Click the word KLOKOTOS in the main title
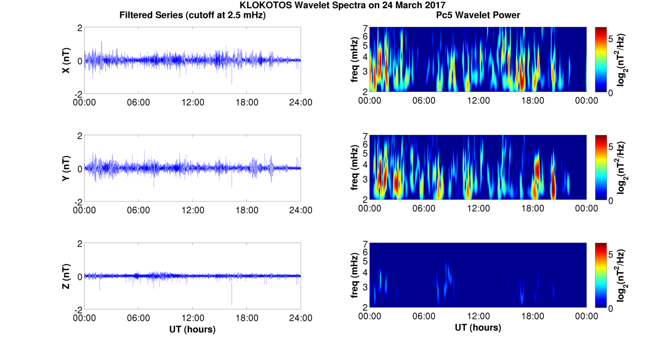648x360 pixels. pyautogui.click(x=266, y=5)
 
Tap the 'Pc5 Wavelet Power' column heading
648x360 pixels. pyautogui.click(x=478, y=15)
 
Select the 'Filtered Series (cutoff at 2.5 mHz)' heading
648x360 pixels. pyautogui.click(x=192, y=15)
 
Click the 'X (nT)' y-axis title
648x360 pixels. pyautogui.click(x=66, y=60)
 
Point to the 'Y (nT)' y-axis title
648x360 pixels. pyautogui.click(x=66, y=168)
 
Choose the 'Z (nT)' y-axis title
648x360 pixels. pyautogui.click(x=66, y=276)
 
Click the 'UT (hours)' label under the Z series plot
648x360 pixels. pyautogui.click(x=192, y=329)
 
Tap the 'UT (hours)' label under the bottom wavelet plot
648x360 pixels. pyautogui.click(x=478, y=328)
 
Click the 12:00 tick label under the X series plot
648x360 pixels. pyautogui.click(x=193, y=102)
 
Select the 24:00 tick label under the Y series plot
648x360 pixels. pyautogui.click(x=301, y=210)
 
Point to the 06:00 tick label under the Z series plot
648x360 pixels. pyautogui.click(x=138, y=318)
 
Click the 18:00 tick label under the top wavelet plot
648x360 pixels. pyautogui.click(x=532, y=101)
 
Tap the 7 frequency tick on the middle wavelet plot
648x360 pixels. pyautogui.click(x=365, y=136)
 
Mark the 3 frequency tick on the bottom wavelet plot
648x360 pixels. pyautogui.click(x=365, y=287)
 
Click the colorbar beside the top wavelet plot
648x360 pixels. pyautogui.click(x=600, y=59)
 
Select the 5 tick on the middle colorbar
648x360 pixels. pyautogui.click(x=611, y=147)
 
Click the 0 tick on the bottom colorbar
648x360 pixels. pyautogui.click(x=611, y=308)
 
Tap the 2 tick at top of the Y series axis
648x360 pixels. pyautogui.click(x=80, y=136)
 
